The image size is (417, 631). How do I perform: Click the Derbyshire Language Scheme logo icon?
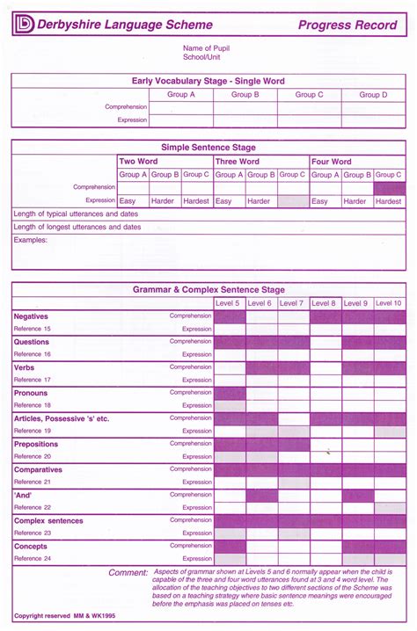(24, 25)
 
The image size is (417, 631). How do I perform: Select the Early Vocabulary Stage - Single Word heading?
(208, 80)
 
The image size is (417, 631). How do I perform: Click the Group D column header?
(373, 94)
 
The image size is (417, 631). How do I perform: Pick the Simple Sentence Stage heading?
(208, 148)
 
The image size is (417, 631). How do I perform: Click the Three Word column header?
(238, 162)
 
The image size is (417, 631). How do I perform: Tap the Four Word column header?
(332, 162)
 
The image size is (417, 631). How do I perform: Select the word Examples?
(30, 239)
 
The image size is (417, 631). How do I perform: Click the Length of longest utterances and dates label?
(77, 227)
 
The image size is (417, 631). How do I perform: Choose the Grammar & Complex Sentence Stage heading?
(208, 289)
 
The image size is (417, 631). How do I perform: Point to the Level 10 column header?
(388, 303)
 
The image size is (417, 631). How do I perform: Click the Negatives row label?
(32, 316)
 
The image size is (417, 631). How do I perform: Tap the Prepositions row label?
(37, 444)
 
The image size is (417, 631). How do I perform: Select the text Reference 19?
(33, 431)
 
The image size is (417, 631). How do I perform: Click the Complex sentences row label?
(48, 520)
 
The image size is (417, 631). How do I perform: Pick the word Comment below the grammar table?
(128, 573)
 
